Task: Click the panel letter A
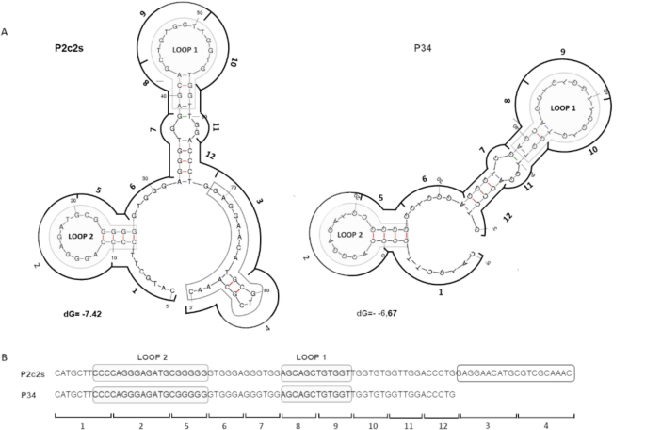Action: coord(7,32)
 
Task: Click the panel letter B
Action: coord(7,356)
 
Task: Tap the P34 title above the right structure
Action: coord(426,48)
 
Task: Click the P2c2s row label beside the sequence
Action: coord(34,374)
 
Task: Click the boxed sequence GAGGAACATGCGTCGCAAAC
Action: coord(515,374)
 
